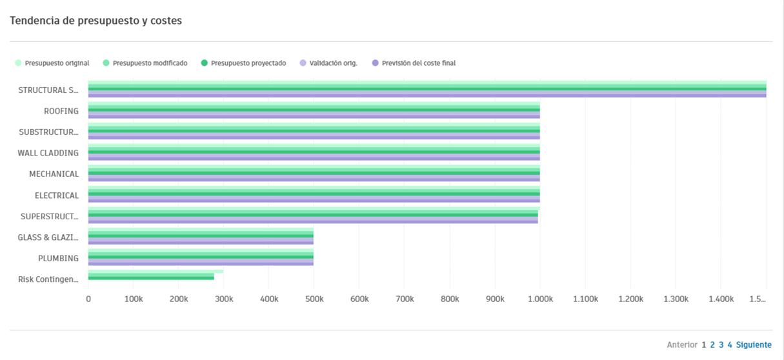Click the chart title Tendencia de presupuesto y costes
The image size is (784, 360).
pos(95,21)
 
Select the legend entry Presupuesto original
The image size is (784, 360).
pos(57,63)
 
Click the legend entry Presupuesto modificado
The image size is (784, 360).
pos(150,63)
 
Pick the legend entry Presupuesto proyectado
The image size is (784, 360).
pos(248,63)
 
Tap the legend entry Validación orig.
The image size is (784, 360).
pos(333,63)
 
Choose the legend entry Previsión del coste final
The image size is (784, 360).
pos(419,63)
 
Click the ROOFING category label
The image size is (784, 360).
pos(61,111)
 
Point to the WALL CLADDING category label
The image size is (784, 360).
pos(48,153)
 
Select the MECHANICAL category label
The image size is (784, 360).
pos(54,174)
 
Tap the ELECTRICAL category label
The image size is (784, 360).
pos(57,195)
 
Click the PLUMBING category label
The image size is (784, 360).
pos(58,259)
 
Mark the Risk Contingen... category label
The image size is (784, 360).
pos(48,279)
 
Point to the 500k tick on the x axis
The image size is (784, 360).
pos(314,299)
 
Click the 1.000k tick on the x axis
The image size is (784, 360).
pos(539,299)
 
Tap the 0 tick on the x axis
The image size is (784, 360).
pos(88,299)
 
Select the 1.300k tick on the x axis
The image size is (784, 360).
pos(675,299)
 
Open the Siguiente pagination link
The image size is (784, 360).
pos(754,345)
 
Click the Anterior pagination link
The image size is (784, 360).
pos(682,345)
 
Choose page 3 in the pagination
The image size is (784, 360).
pos(721,345)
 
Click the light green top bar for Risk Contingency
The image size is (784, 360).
pos(155,272)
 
